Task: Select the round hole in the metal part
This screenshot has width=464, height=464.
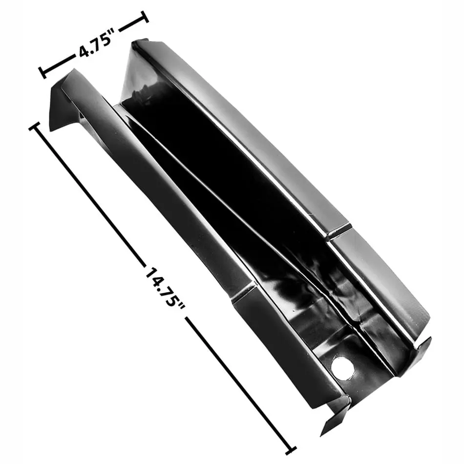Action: coord(343,367)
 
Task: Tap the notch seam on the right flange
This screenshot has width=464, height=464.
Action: coord(339,231)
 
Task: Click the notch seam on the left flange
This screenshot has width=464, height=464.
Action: coord(243,292)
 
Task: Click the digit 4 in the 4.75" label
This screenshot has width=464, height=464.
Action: coord(82,53)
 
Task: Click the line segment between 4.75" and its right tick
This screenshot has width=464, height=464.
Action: coord(131,25)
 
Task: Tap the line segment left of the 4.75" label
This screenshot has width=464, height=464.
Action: coord(59,64)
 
